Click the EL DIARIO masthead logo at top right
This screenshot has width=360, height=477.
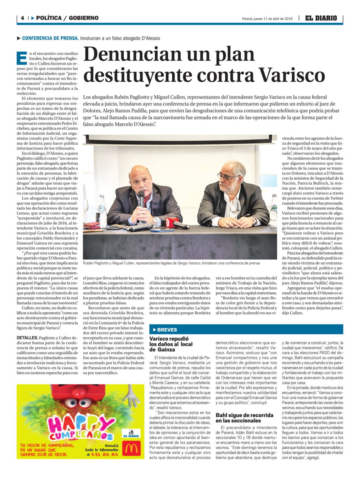tap(321, 18)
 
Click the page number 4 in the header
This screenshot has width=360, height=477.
tap(22, 18)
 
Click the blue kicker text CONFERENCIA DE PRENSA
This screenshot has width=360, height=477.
tap(50, 38)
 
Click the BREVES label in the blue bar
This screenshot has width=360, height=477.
tap(167, 330)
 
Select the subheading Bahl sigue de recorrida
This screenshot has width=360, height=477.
tap(244, 418)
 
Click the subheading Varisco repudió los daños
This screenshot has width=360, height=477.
tap(171, 344)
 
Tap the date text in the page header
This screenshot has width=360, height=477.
tap(267, 19)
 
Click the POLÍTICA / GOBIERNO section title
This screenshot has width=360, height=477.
tap(67, 18)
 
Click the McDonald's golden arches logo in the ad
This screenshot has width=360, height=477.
tap(132, 448)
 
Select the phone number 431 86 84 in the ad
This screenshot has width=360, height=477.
tap(105, 454)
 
